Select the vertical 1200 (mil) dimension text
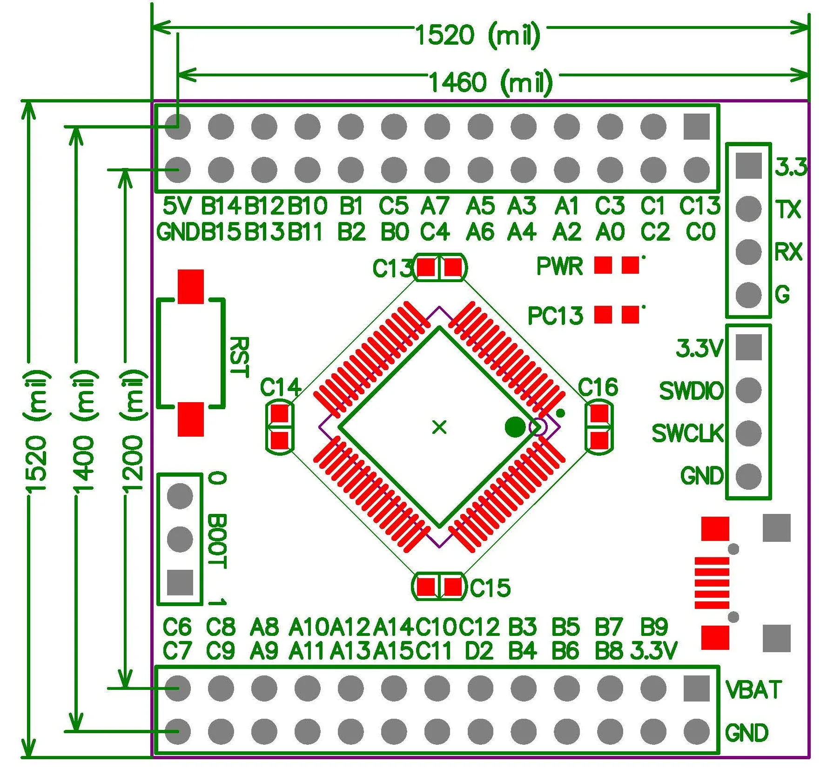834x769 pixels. click(132, 431)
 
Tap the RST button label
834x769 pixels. click(239, 357)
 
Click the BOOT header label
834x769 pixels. click(217, 541)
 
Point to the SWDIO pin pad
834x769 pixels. click(748, 390)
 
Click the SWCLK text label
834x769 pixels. click(687, 433)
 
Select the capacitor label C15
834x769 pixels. click(490, 588)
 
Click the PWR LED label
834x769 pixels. click(559, 266)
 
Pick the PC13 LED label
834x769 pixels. click(555, 316)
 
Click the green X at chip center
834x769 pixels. click(439, 427)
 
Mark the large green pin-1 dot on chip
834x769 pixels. click(515, 427)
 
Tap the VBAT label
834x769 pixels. click(753, 689)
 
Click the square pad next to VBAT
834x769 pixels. click(697, 688)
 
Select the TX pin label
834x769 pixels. click(788, 210)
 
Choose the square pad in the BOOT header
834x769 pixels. click(180, 582)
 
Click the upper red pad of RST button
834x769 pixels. click(191, 286)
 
